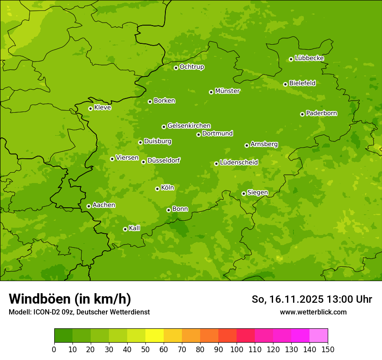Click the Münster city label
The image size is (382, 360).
pos(227,91)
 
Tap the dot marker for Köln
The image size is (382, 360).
pos(157,189)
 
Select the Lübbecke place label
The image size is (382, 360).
pos(309,58)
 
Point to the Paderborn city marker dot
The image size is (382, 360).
pos(302,114)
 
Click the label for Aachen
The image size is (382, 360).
pos(104,205)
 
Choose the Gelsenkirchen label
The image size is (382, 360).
pos(189,126)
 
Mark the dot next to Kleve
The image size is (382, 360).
pos(90,108)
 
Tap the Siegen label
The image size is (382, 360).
pos(257,193)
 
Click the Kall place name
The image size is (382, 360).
pos(135,228)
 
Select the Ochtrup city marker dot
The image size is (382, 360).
pos(176,68)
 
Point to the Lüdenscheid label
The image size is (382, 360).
pos(239,163)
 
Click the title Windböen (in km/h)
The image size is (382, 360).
pos(69,299)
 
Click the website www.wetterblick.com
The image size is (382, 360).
pos(313,312)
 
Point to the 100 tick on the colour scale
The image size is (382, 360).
pos(237,349)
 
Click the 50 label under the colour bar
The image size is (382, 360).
pos(145,349)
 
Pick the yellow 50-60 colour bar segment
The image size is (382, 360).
pos(155,336)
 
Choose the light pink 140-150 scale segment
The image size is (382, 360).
pos(319,336)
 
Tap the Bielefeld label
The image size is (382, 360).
pos(302,83)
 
